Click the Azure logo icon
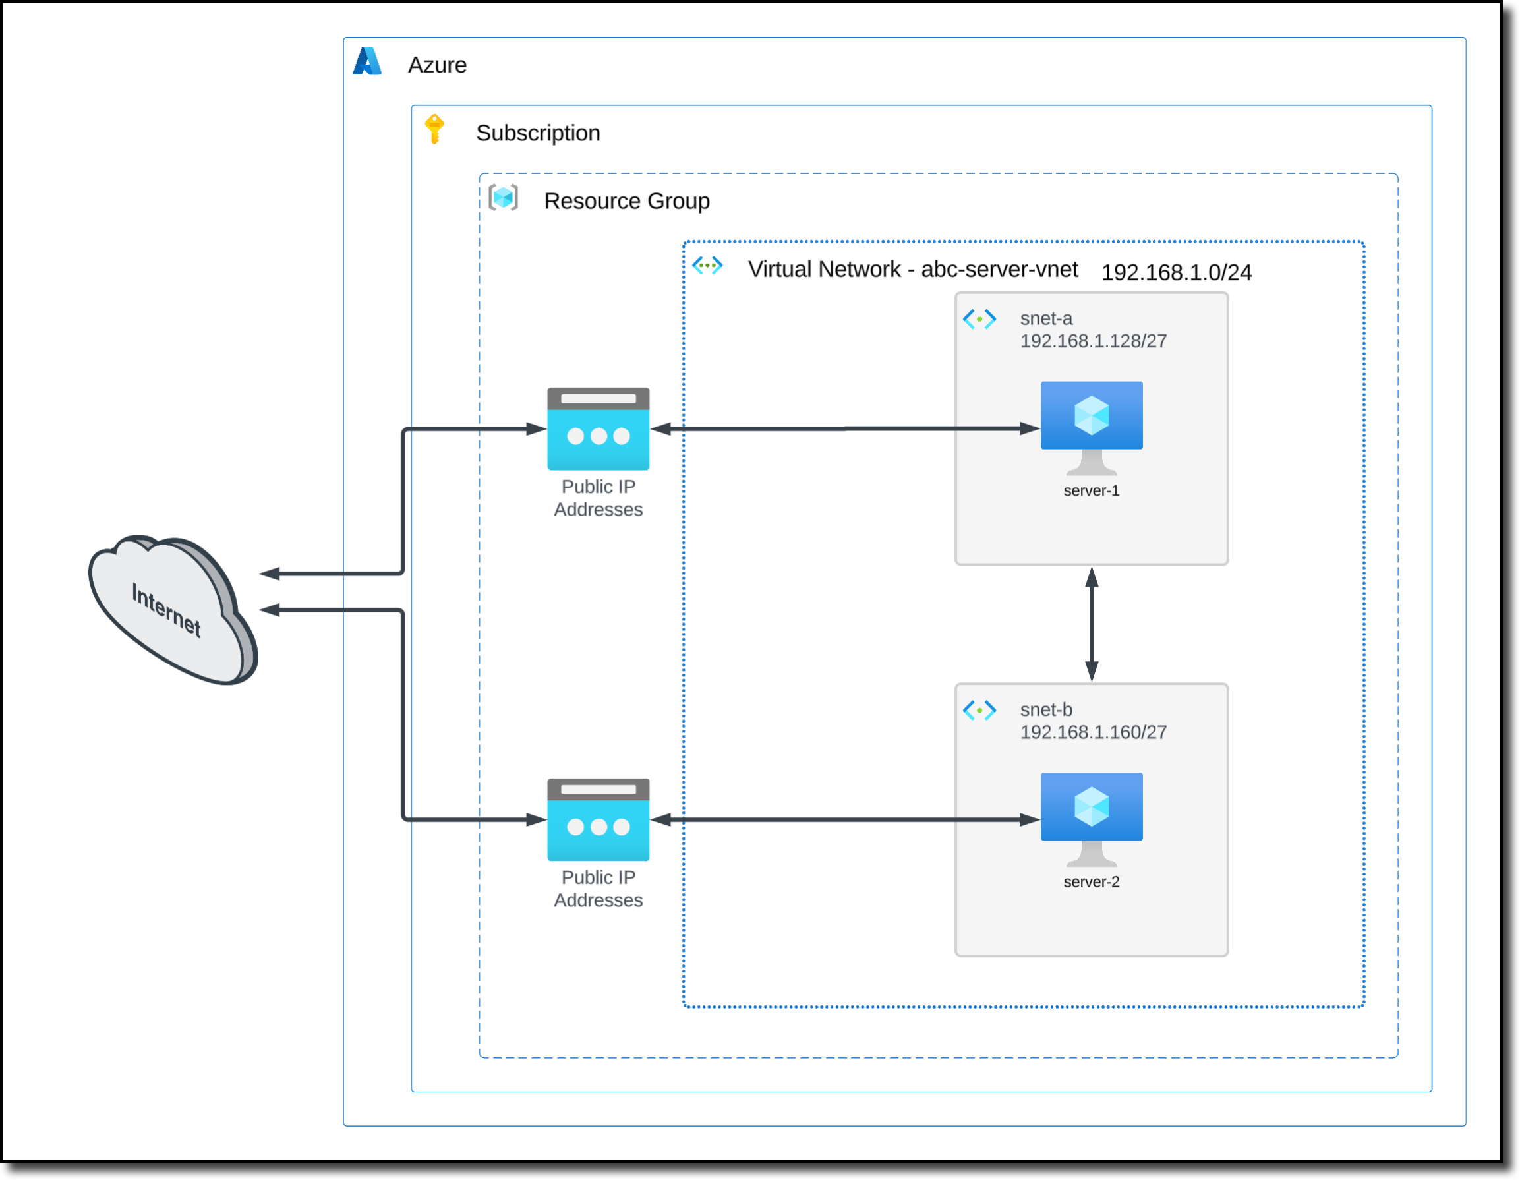tap(366, 62)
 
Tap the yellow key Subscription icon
tap(434, 129)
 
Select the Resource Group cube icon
tap(503, 198)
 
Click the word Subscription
tap(537, 133)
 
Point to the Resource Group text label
tap(626, 201)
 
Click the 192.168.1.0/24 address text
tap(1175, 272)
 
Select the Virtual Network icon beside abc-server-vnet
tap(707, 265)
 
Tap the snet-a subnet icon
tap(979, 320)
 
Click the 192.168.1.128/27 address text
tap(1093, 341)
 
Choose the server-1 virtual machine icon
tap(1091, 426)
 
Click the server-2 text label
tap(1091, 882)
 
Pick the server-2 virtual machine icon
tap(1091, 817)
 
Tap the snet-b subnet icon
tap(979, 711)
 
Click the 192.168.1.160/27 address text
tap(1093, 732)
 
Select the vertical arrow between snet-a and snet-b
tap(1092, 624)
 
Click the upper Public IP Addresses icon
tap(598, 429)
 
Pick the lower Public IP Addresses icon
tap(598, 819)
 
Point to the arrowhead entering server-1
tap(1030, 429)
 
